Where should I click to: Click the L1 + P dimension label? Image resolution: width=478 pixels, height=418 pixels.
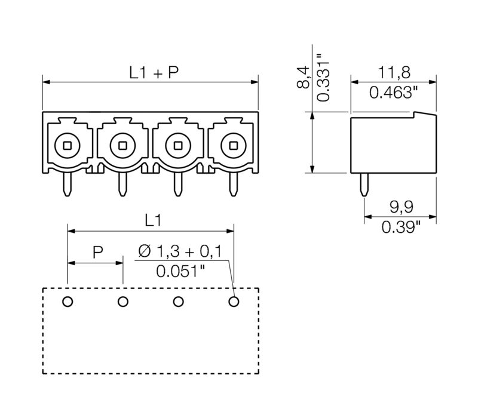154,73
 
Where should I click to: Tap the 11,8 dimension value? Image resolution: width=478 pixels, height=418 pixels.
393,73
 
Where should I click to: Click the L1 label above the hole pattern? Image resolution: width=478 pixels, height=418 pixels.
153,220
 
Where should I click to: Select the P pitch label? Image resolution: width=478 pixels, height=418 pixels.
97,252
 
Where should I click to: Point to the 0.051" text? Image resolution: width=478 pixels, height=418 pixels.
180,271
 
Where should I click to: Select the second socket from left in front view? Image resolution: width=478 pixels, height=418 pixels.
122,144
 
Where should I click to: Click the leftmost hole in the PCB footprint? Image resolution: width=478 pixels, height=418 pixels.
68,302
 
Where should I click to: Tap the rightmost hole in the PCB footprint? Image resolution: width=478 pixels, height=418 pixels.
234,302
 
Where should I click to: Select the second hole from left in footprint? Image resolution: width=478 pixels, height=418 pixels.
123,302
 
